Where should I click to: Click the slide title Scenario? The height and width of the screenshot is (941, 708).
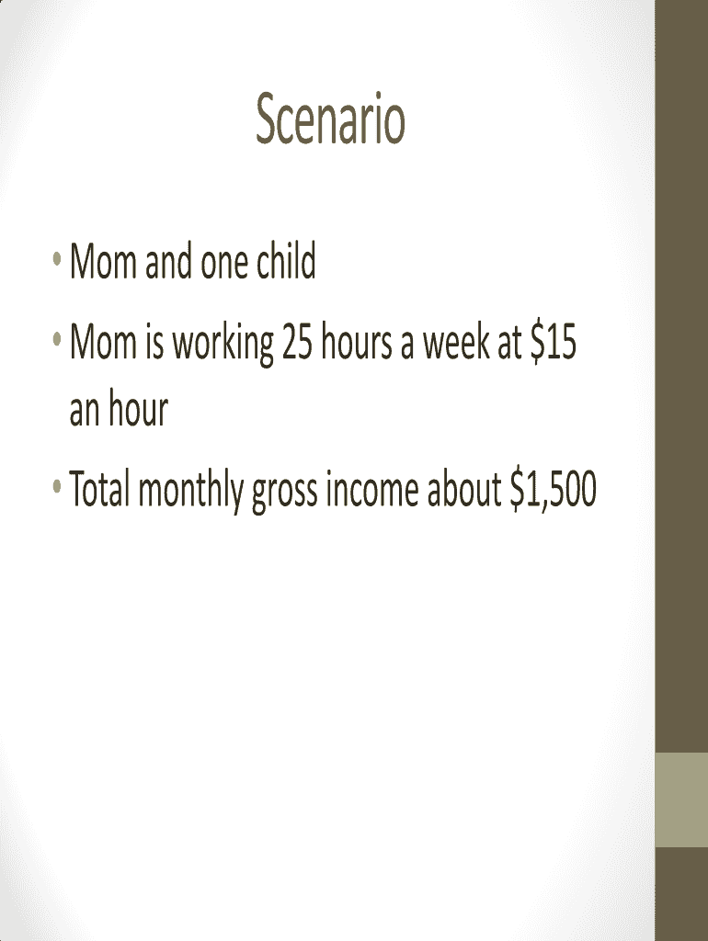tap(330, 119)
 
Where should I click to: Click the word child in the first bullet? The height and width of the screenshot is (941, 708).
tap(287, 261)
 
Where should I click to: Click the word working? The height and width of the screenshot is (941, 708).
tap(223, 344)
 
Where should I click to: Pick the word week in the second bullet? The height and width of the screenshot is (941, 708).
tap(456, 342)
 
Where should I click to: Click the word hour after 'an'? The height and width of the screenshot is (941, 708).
tap(138, 408)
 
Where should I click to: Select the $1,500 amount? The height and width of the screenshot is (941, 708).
tap(554, 489)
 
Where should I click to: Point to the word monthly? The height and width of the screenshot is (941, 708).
tap(191, 491)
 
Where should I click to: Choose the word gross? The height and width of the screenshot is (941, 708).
tap(285, 493)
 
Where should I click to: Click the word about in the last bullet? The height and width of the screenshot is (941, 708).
tap(464, 489)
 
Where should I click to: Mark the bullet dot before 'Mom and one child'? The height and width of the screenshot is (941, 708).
tap(57, 259)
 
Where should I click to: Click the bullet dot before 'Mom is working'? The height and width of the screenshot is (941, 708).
tap(57, 340)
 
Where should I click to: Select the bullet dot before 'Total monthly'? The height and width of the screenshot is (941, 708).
tap(57, 486)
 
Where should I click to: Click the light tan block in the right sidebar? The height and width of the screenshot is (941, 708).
tap(681, 799)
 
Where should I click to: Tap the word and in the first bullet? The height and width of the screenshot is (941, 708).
tap(168, 262)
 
